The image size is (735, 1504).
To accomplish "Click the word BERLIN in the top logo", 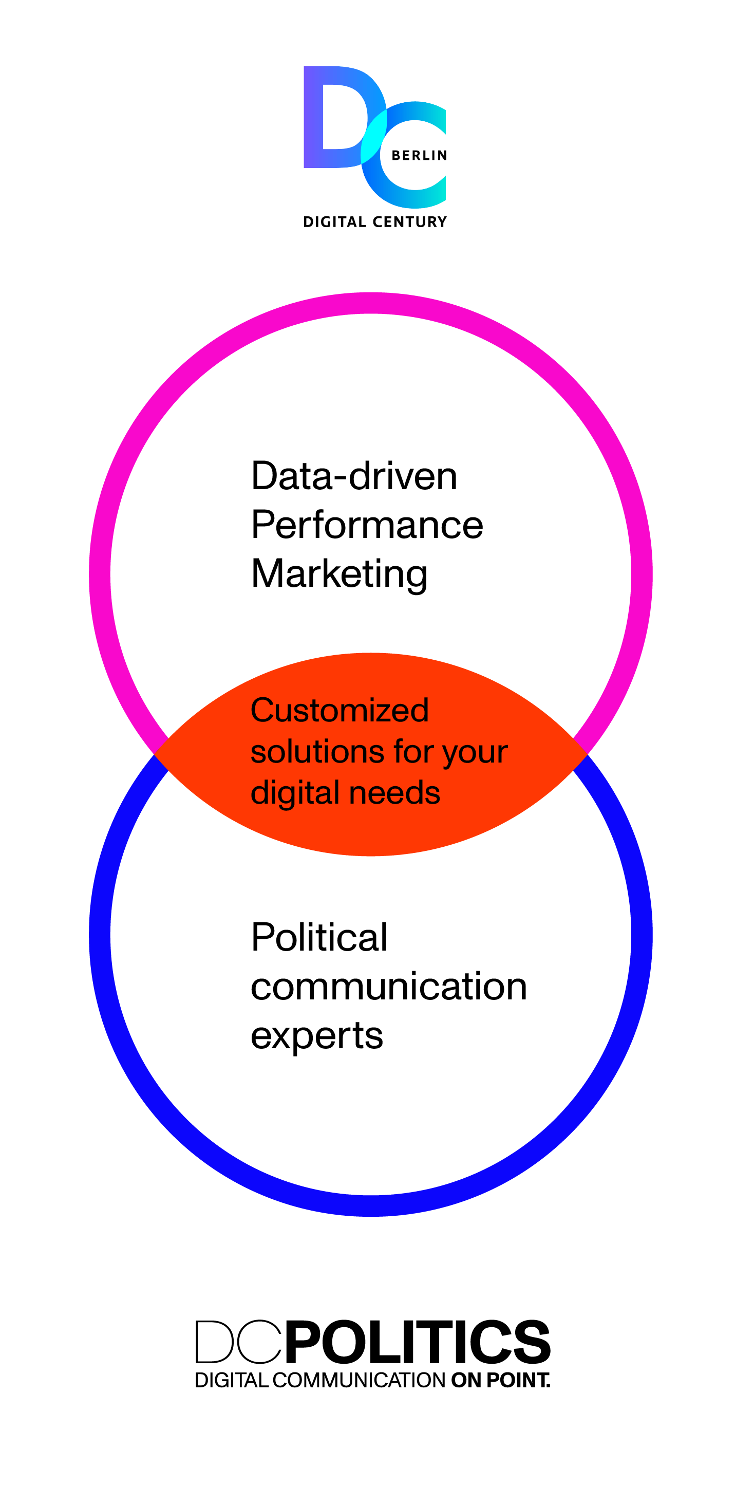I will [x=419, y=155].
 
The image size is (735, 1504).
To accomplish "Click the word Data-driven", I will [x=354, y=476].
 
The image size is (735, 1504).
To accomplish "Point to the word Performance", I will [x=367, y=525].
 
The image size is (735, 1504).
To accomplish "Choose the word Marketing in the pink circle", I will [x=339, y=574].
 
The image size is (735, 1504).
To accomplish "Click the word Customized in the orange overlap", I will [x=339, y=711].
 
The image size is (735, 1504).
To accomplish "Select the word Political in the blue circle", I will [x=319, y=937].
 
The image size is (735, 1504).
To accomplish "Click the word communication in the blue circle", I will [x=389, y=986].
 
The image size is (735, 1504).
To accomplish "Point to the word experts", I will [x=317, y=1035].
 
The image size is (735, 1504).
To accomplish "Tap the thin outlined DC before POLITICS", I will [x=238, y=1342].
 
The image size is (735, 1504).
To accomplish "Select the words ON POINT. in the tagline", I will [x=500, y=1381].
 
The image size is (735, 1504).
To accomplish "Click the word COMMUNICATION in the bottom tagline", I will [x=359, y=1381].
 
